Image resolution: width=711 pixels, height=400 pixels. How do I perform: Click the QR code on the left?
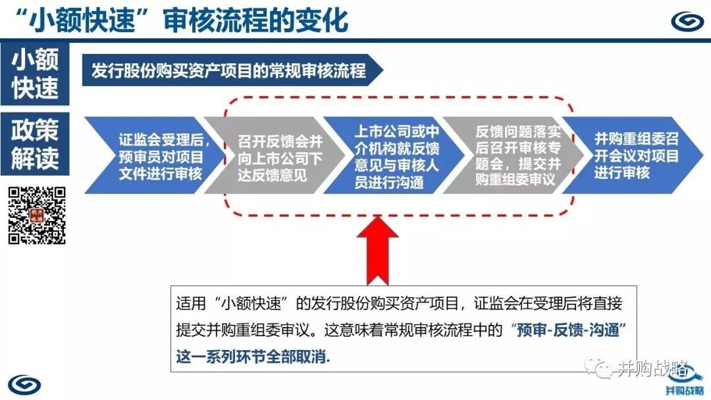pyautogui.click(x=37, y=216)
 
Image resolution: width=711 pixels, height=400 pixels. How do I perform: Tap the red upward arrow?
pyautogui.click(x=378, y=251)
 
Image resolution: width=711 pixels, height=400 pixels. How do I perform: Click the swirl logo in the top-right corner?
pyautogui.click(x=687, y=21)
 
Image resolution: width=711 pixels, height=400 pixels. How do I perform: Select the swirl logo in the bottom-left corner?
pyautogui.click(x=24, y=385)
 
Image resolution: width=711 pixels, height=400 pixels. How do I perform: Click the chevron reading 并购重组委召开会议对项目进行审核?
pyautogui.click(x=633, y=155)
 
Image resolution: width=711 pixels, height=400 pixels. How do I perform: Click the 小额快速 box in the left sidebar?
pyautogui.click(x=35, y=74)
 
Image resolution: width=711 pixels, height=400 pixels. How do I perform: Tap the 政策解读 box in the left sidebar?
pyautogui.click(x=35, y=143)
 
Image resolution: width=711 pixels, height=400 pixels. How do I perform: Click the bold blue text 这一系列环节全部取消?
pyautogui.click(x=253, y=357)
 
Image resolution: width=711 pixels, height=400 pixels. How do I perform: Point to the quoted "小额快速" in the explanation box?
pyautogui.click(x=255, y=303)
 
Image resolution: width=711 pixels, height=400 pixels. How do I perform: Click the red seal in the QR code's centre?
pyautogui.click(x=37, y=215)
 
